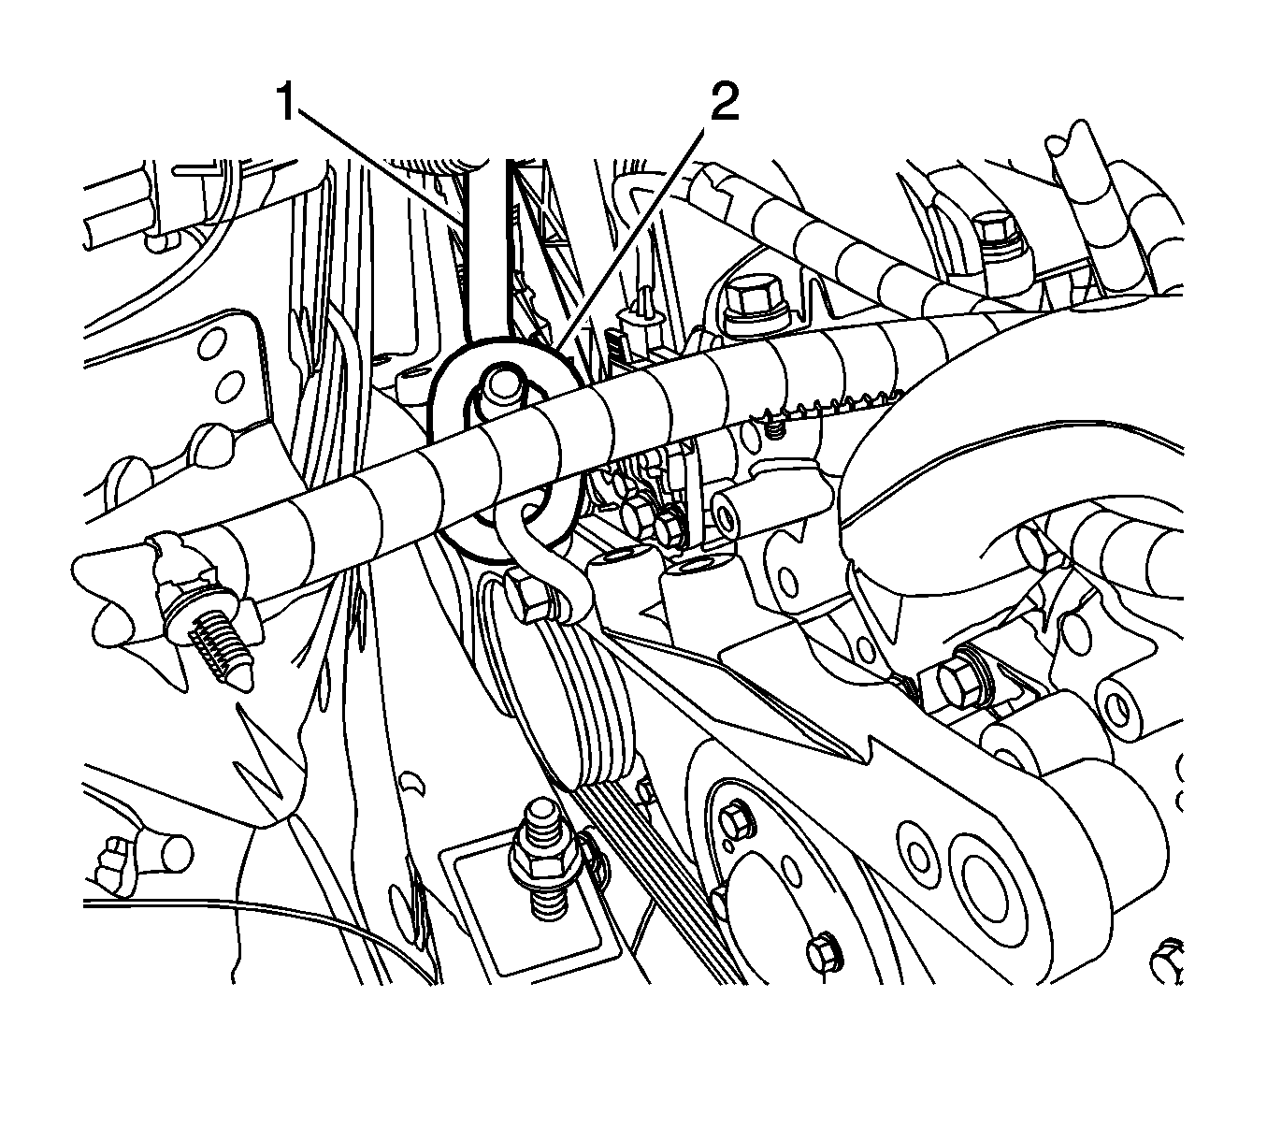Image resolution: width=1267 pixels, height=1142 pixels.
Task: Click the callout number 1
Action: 286,102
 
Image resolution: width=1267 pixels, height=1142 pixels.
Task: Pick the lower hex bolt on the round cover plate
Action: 823,958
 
